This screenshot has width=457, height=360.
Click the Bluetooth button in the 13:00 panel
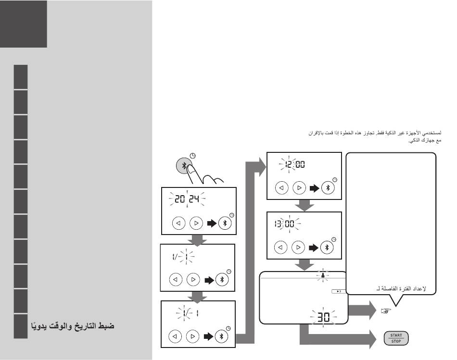pos(328,248)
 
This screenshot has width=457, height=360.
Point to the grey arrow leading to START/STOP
pos(337,338)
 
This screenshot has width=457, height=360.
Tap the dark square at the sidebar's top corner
pos(24,24)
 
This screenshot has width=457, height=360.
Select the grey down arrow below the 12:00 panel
pos(304,206)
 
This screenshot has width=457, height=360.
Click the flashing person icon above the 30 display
pos(323,277)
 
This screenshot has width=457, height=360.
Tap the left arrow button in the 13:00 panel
pos(281,248)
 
